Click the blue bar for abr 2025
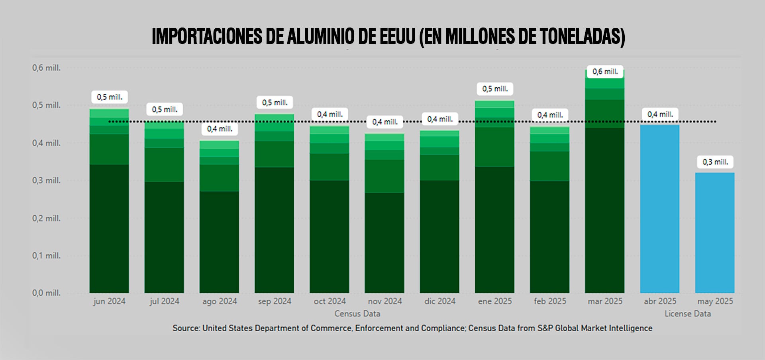(x=659, y=209)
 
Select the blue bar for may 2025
(x=715, y=233)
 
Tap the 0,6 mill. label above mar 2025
(x=605, y=72)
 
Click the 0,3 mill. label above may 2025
(x=715, y=162)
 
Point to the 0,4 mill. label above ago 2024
(x=220, y=129)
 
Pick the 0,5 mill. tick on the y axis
(x=46, y=105)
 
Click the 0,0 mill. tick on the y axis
(x=46, y=293)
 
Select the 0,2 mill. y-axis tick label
(x=46, y=218)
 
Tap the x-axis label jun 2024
(x=109, y=301)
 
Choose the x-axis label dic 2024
(x=440, y=301)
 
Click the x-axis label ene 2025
(x=495, y=301)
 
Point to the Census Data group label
(x=357, y=314)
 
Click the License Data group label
(x=687, y=314)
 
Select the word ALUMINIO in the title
(x=320, y=37)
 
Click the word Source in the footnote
(x=186, y=328)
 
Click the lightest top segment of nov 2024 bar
(x=384, y=137)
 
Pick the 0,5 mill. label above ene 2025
(x=495, y=89)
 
